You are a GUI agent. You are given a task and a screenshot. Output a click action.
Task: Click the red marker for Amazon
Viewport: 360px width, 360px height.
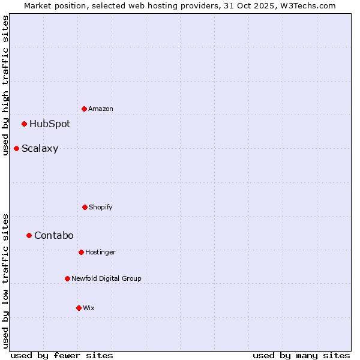[84, 109]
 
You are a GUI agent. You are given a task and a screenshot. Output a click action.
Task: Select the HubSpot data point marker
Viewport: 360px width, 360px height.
[24, 124]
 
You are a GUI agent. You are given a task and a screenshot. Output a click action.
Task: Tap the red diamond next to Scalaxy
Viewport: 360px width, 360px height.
[16, 148]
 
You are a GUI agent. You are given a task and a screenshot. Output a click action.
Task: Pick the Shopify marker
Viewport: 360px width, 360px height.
[85, 207]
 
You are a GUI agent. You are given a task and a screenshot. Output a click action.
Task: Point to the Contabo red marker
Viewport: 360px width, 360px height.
[29, 235]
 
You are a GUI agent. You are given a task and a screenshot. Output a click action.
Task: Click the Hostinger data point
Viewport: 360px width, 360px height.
[81, 252]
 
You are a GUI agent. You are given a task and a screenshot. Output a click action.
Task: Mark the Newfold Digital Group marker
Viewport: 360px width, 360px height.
[67, 278]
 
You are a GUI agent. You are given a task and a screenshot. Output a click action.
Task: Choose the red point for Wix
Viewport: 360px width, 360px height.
[79, 308]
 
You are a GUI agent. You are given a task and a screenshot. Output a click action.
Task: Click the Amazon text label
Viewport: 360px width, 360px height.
[101, 109]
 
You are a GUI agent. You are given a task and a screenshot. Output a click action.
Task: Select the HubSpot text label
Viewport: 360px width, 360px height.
[50, 124]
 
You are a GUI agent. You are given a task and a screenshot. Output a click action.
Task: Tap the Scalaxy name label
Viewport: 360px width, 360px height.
[40, 149]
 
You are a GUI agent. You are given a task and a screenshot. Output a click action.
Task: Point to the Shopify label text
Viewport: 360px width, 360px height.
[101, 207]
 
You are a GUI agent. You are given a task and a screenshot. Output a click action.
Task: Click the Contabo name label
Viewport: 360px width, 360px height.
[54, 235]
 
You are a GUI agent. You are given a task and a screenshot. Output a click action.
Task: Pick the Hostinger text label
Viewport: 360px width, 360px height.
[100, 252]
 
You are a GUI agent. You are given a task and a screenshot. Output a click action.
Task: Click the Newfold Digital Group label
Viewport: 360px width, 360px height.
[107, 278]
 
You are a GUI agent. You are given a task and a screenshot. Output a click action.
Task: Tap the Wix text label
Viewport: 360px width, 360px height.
[89, 308]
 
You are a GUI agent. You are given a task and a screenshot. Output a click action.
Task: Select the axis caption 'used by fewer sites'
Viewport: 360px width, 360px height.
[62, 355]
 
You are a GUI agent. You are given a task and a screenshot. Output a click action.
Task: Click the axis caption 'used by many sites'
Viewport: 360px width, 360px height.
[301, 355]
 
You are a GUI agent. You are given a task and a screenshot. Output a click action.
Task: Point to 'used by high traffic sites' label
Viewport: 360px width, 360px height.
[6, 85]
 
